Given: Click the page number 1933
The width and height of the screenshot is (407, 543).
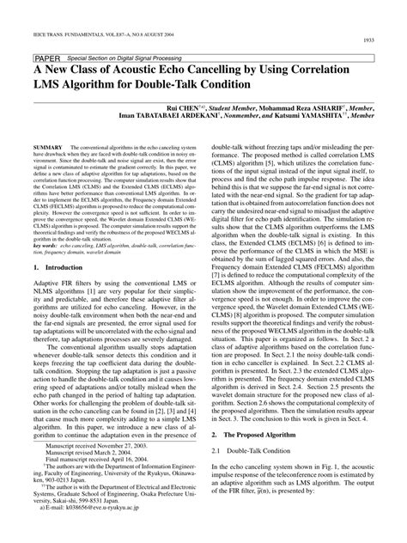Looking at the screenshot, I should [374, 41].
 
